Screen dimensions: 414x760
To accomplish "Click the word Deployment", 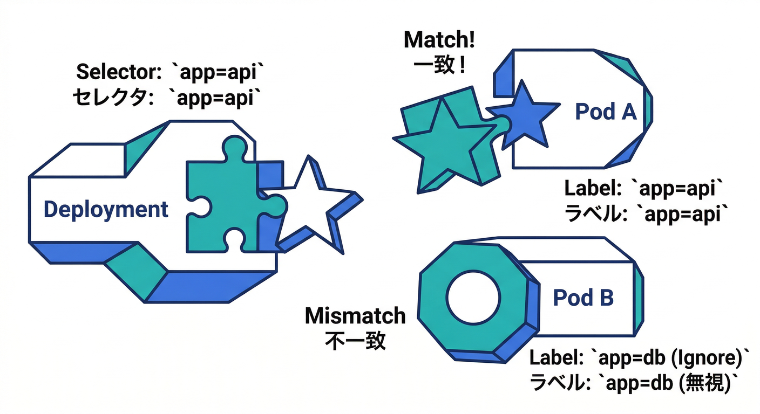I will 106,210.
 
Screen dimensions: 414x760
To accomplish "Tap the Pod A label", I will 606,112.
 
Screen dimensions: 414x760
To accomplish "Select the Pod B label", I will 583,298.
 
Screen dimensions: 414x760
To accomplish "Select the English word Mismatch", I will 355,316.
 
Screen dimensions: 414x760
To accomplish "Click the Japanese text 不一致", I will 355,341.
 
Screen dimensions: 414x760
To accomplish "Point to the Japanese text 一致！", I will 439,66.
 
